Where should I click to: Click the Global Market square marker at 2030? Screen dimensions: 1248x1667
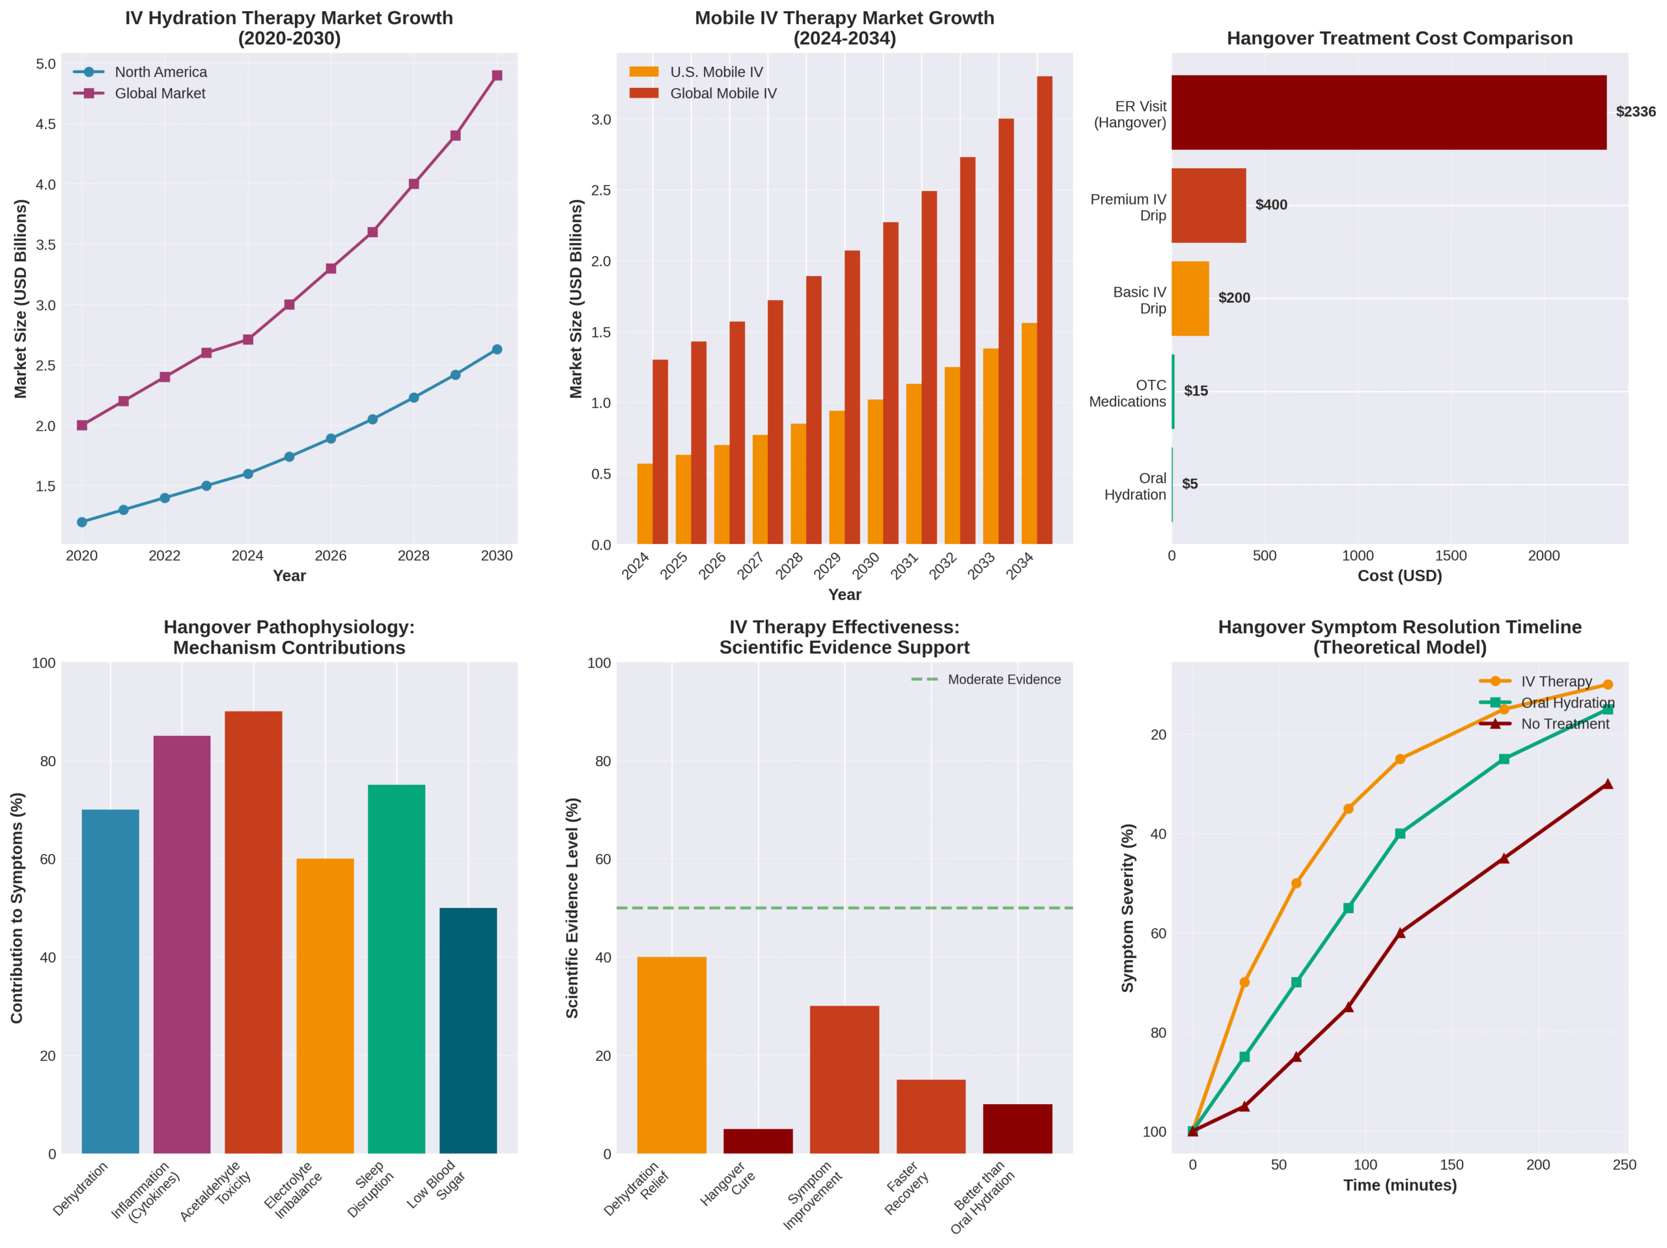point(497,76)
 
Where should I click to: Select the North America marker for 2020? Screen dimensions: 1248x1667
point(82,522)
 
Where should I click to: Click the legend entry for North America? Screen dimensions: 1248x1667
point(161,72)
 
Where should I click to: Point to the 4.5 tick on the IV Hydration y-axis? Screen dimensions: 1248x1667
point(45,124)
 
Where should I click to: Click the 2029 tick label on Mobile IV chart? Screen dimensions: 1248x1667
point(828,565)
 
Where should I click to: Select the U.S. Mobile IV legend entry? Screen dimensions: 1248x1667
point(716,72)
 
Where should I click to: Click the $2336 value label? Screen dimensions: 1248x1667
point(1635,112)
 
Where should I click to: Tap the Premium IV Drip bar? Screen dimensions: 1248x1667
point(1208,205)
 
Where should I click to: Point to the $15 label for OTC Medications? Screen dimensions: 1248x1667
point(1196,391)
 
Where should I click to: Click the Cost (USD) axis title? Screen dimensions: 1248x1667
point(1399,576)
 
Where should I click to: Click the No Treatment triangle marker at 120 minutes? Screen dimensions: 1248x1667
point(1400,932)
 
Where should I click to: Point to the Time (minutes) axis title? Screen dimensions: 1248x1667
point(1399,1185)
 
